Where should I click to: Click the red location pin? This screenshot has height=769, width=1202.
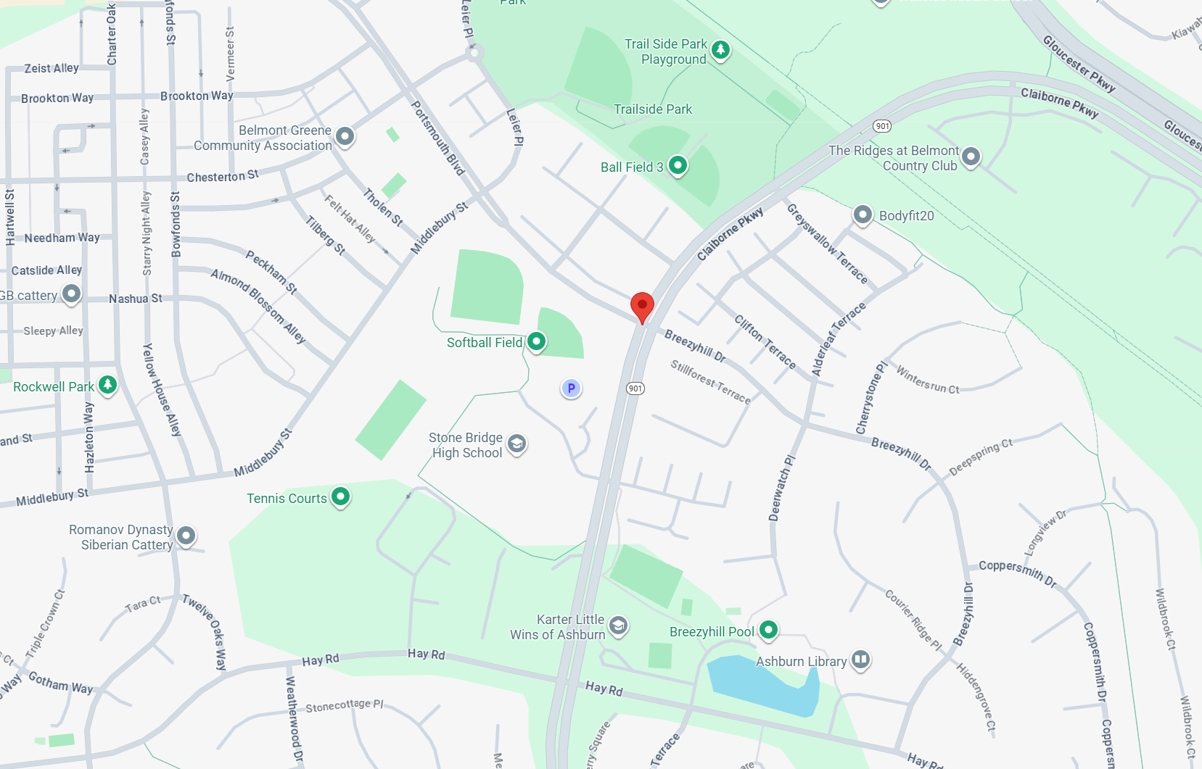pos(642,306)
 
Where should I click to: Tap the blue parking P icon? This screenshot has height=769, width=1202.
pos(571,388)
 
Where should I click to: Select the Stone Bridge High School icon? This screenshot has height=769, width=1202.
pos(516,444)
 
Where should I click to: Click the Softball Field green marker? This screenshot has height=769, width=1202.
pos(536,341)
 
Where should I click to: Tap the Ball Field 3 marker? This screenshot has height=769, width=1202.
pos(678,166)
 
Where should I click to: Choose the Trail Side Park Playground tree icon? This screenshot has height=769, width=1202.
pos(720,50)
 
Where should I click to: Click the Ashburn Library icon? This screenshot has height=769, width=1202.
pos(860,660)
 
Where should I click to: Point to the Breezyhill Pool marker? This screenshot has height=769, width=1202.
pos(768,631)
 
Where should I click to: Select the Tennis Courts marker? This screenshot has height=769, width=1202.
pos(340,497)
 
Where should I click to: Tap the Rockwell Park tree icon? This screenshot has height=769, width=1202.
pos(107,385)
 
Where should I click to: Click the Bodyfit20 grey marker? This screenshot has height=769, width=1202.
pos(863,215)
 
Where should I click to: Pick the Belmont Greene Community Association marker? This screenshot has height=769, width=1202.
pos(345,136)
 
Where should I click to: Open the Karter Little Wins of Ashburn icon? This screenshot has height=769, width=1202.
pos(618,625)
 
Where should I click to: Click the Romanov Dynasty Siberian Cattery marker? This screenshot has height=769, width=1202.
pos(186,536)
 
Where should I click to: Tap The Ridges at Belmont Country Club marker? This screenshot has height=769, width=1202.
pos(971,157)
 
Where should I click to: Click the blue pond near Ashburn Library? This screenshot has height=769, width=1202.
pos(762,685)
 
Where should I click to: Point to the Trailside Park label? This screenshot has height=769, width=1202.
pos(653,109)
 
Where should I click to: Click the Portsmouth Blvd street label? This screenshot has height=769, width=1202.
pos(437,138)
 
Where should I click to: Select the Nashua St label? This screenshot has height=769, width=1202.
pos(136,299)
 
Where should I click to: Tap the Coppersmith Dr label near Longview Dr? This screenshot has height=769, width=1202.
pos(1017,571)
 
